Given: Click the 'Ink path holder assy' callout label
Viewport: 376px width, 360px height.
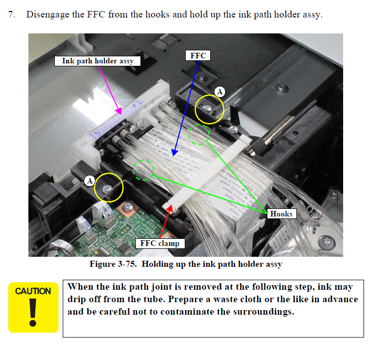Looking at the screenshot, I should [x=98, y=61].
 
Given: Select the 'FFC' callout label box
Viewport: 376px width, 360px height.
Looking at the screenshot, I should [x=198, y=55].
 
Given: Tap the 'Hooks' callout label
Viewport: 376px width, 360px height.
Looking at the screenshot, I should [x=282, y=213].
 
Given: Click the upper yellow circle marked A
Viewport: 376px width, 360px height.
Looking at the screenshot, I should [x=209, y=109].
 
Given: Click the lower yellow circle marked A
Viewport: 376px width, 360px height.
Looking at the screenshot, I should [x=109, y=187].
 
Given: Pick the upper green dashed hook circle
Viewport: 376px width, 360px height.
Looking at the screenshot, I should [x=199, y=135].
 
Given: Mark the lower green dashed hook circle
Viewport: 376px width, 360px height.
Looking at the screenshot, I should [x=144, y=170].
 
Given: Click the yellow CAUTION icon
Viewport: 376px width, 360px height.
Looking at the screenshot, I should [x=33, y=306].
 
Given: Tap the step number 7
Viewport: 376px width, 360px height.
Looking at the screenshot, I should [x=11, y=14].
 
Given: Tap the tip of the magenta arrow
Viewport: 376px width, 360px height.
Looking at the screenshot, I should [x=120, y=114].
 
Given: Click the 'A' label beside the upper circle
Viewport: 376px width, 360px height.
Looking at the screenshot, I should [x=220, y=91].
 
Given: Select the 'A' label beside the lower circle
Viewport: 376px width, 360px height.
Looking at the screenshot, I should [x=90, y=180].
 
